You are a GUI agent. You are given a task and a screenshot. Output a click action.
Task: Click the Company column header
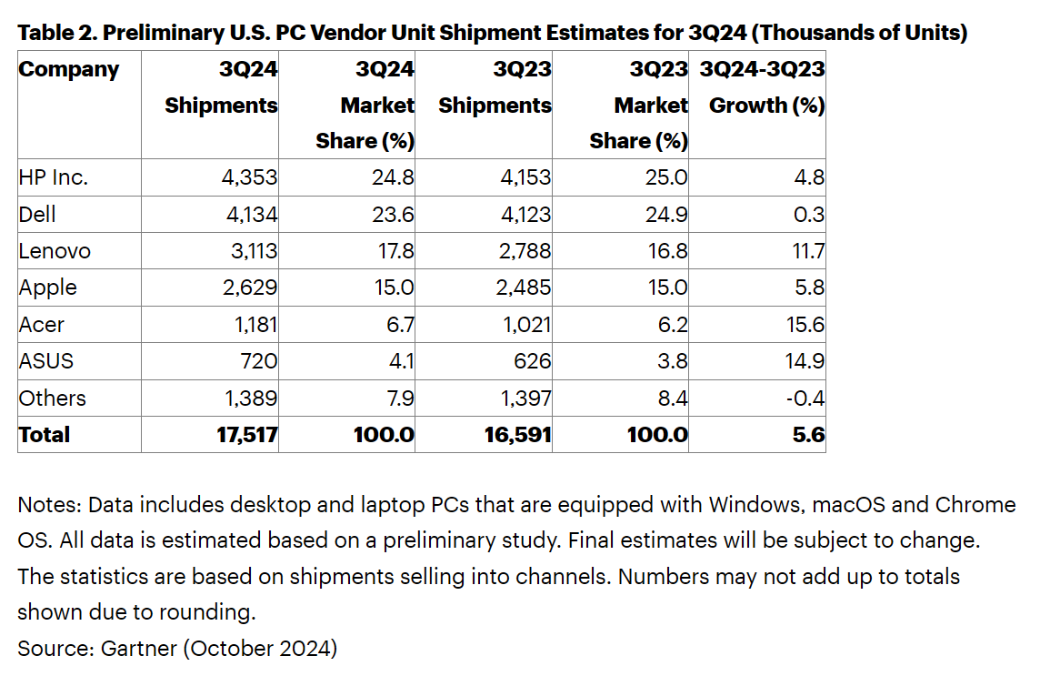pos(69,70)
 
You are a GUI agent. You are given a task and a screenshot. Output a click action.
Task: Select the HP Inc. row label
pos(54,177)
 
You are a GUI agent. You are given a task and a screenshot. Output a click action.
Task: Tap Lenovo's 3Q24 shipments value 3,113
pos(249,251)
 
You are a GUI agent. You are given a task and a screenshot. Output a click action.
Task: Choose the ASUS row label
pos(46,361)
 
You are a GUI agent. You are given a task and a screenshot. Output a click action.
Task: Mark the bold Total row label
pos(45,435)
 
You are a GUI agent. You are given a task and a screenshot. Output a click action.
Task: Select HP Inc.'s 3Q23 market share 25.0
pos(665,177)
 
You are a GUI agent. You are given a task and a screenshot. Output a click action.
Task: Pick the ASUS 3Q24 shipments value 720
pos(258,361)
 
